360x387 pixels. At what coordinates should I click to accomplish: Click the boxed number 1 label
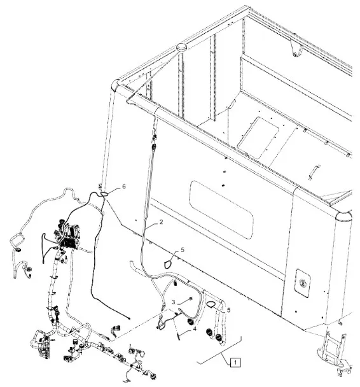235,362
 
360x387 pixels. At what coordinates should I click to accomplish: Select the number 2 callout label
161,222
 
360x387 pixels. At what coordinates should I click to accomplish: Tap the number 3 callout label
174,302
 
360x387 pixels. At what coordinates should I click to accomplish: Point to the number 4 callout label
195,329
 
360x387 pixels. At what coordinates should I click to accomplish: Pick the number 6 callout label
124,186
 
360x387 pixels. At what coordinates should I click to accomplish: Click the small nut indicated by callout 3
191,299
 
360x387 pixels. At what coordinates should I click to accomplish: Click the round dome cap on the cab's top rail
182,47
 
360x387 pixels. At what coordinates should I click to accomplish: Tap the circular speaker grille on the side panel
303,283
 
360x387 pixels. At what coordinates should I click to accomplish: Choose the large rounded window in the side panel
221,210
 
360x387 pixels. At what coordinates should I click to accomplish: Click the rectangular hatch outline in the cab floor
258,137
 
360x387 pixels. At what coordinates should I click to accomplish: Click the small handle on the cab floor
314,172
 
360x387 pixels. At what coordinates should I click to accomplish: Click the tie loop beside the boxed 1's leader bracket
211,304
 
